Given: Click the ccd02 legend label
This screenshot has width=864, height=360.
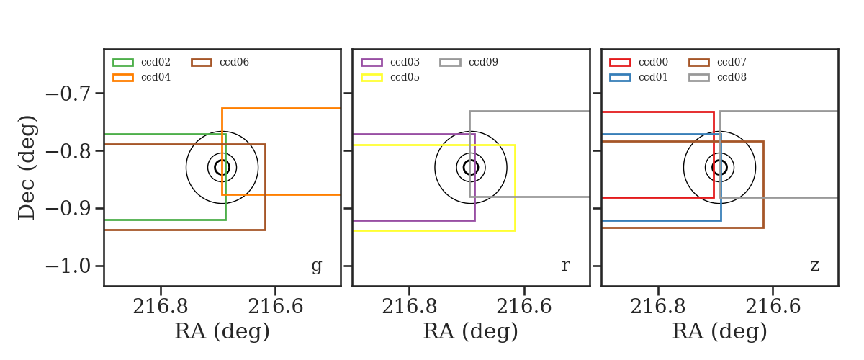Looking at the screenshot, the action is (156, 62).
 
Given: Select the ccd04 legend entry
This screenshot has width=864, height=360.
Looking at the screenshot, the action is (142, 78).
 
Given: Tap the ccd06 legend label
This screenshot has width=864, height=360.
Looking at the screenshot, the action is (234, 62).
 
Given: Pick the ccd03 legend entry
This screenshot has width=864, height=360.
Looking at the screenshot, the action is (390, 62).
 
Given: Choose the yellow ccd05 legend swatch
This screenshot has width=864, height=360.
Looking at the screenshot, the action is (372, 78).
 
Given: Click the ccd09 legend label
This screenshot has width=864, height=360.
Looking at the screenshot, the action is (483, 62).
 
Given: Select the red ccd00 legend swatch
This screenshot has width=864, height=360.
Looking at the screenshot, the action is (620, 63).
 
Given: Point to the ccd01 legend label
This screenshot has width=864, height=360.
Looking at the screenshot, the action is (653, 78).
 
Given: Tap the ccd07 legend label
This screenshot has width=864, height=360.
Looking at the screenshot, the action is (732, 62).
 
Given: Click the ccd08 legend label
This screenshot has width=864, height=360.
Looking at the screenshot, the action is (732, 78).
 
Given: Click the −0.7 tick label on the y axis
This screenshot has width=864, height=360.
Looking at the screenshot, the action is (68, 94).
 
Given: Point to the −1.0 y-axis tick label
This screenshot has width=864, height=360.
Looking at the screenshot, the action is (68, 266).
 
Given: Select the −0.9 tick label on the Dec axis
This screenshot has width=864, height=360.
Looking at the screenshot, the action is (68, 209).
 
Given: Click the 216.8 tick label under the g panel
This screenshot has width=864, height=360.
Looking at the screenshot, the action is (161, 307).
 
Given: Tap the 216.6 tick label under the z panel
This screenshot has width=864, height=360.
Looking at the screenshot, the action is (773, 307).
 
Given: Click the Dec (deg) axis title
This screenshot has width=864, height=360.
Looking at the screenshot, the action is (27, 168).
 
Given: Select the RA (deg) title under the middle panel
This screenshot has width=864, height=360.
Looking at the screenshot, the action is (471, 331).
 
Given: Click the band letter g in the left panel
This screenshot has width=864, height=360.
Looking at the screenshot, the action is (316, 266).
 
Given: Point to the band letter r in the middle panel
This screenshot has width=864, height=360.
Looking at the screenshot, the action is (565, 266).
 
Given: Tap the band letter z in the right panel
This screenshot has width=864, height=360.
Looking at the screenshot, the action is (814, 266).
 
